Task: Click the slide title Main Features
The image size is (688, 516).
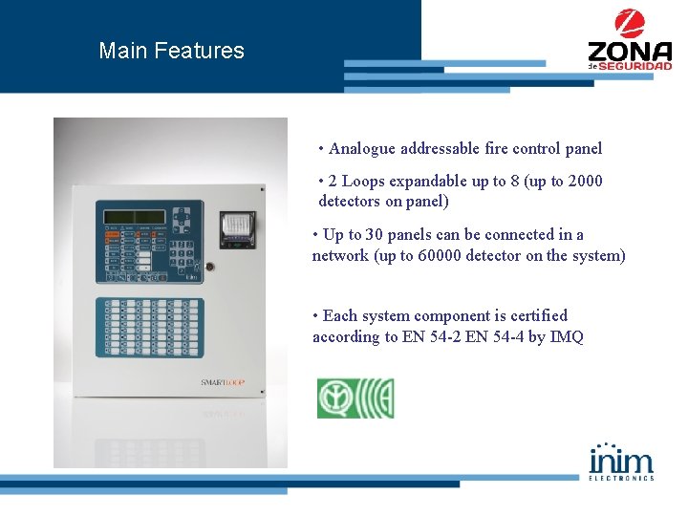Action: [x=171, y=51]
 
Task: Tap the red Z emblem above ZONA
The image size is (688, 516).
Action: [x=630, y=24]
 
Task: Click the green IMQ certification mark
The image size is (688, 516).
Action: [x=355, y=398]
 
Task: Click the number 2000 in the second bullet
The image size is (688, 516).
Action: [x=585, y=181]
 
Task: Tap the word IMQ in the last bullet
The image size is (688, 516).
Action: [x=566, y=336]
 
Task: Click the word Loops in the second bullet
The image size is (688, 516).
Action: [x=362, y=181]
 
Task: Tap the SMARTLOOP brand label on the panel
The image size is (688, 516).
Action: [x=224, y=382]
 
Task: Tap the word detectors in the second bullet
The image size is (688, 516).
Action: [x=349, y=202]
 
